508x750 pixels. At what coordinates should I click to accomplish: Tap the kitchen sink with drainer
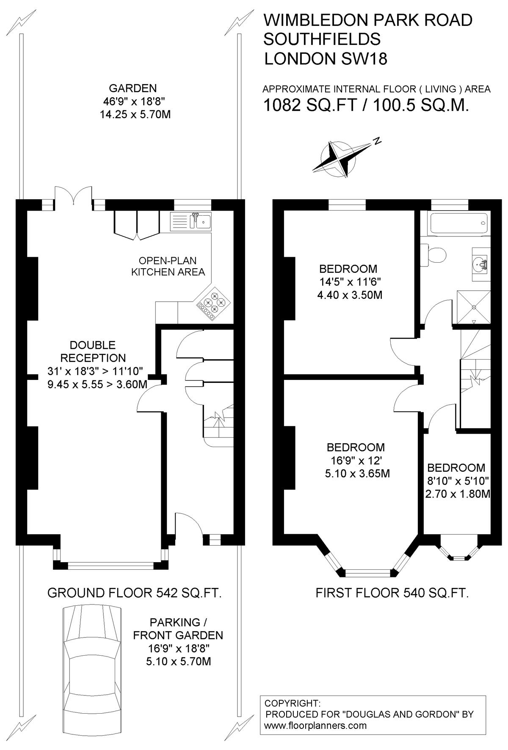[x=191, y=221]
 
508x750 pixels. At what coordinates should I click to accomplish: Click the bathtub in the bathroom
[x=458, y=223]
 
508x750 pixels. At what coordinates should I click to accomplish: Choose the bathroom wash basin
[x=480, y=264]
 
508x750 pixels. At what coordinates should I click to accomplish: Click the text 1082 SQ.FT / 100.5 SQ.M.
[x=366, y=104]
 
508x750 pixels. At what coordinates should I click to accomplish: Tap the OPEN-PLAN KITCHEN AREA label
[x=168, y=266]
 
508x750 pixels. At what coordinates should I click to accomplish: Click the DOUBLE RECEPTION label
[x=93, y=352]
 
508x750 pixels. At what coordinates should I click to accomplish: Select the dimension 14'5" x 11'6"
[x=348, y=282]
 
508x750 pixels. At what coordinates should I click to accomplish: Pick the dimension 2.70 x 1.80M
[x=458, y=494]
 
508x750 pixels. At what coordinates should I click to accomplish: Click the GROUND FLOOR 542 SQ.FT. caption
[x=135, y=593]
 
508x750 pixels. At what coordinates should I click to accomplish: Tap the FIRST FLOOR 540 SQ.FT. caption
[x=392, y=593]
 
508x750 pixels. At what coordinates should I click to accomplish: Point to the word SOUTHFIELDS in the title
[x=322, y=39]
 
